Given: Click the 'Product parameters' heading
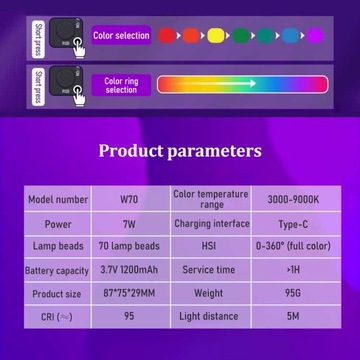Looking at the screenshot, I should coord(180,151).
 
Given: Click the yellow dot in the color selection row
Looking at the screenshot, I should coord(213,36).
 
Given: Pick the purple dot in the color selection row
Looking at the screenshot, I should coord(314,36).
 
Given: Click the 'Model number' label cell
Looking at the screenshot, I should coord(56,198).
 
